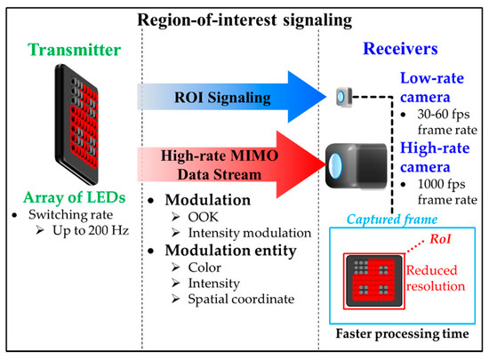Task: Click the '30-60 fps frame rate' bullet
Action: pos(434,124)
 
